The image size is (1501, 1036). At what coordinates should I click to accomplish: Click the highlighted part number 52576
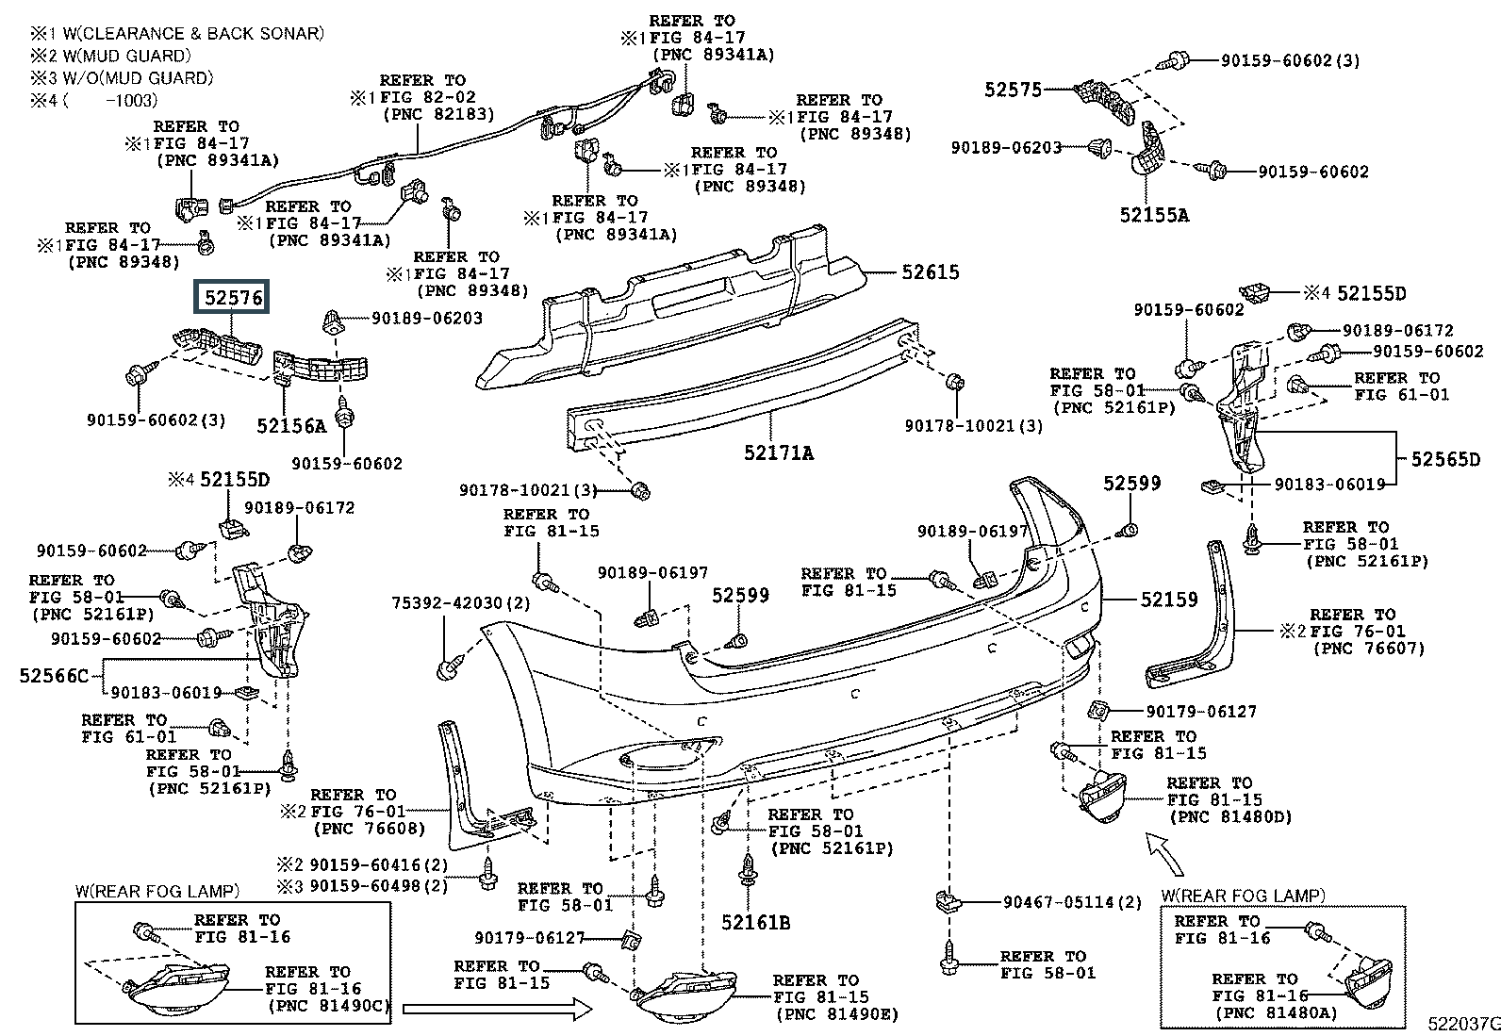232,297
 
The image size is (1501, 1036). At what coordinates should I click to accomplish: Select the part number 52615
930,272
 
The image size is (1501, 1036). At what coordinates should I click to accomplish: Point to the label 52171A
779,453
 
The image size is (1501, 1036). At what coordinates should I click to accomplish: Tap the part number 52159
1169,600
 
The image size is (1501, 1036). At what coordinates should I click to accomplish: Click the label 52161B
756,923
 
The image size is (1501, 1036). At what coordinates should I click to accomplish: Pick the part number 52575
1014,90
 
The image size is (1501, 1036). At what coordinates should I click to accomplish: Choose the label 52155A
1155,215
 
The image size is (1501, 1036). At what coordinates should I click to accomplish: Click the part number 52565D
1445,459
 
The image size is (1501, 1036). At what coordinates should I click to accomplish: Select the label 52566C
55,676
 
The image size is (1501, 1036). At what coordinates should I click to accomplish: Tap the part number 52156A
292,426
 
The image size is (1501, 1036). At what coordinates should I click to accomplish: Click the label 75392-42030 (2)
461,603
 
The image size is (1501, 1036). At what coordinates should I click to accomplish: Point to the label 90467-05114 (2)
1072,903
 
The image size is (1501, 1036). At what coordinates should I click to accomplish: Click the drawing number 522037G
1463,1024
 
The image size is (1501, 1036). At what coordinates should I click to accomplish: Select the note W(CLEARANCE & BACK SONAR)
193,34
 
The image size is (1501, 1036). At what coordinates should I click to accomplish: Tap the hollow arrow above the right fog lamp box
1164,854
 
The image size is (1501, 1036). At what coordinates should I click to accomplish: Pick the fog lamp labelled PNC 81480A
1367,984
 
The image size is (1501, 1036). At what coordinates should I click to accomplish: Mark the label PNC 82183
439,114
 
